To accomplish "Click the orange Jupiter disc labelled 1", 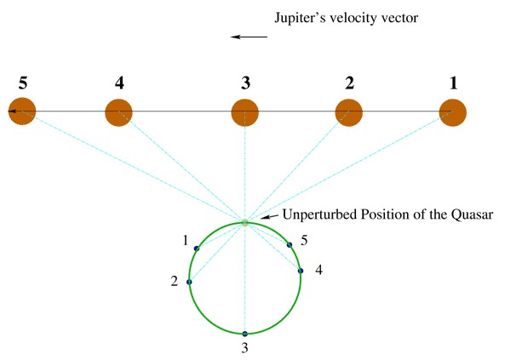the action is [452, 112].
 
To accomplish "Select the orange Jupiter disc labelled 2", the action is [349, 112].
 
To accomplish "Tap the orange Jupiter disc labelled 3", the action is [245, 112].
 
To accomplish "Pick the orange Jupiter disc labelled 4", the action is [119, 112].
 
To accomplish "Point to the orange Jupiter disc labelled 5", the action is [22, 111].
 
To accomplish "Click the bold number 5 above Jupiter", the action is [23, 83].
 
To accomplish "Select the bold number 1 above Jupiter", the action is [453, 83].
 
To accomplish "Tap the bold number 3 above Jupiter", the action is [245, 83].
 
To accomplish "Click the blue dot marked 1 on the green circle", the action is [197, 249].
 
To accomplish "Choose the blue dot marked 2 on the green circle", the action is [189, 282].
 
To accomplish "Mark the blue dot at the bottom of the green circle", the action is [244, 334].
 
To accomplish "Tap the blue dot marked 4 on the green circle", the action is [301, 271].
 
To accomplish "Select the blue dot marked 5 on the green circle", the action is [290, 245].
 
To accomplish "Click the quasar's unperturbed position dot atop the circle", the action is [244, 222].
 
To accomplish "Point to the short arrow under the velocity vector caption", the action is [249, 37].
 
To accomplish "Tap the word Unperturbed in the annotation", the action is [320, 214].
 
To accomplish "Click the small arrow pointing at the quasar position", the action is [269, 217].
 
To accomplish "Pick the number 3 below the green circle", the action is [244, 348].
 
